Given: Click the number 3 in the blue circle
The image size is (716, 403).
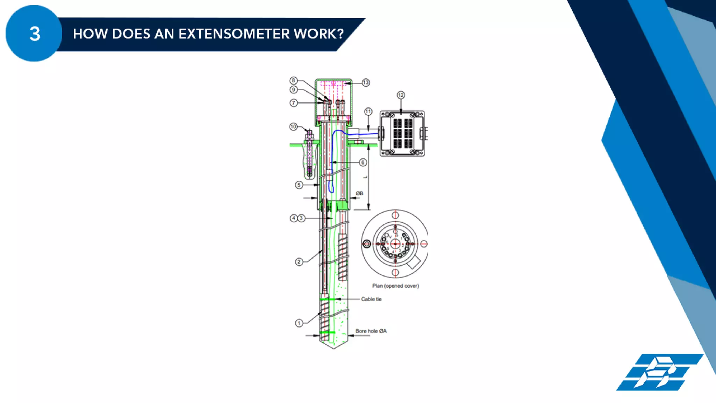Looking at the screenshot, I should [x=35, y=34].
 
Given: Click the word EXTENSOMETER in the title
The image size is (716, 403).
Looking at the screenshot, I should [x=234, y=34].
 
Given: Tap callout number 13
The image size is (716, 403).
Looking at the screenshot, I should [x=366, y=82].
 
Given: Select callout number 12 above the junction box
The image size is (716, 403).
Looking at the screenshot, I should [x=401, y=95].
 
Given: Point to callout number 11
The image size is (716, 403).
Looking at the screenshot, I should [x=368, y=111].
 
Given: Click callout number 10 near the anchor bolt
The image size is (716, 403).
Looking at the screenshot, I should [x=293, y=127].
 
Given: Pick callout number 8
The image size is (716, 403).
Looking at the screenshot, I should [x=293, y=80].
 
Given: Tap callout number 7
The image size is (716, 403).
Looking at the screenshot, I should [x=294, y=103].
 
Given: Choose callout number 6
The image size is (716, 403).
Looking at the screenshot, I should [x=363, y=162].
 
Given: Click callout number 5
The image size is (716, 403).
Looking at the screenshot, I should [x=299, y=185].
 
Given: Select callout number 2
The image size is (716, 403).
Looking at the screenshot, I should [x=299, y=261].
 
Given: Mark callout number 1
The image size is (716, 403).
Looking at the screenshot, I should [x=299, y=323].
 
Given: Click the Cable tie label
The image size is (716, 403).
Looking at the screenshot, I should [x=371, y=299].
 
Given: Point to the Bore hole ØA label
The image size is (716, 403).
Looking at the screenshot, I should [x=371, y=331].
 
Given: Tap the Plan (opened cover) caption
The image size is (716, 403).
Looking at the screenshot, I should [x=395, y=286].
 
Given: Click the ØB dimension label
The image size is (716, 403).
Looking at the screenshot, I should [x=359, y=193].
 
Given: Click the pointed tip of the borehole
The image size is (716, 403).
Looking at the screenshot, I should [x=334, y=348].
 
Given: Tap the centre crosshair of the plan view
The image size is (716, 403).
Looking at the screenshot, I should [x=395, y=244].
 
